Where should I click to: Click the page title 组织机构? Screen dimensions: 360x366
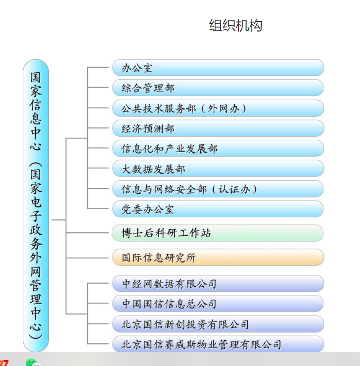click(236, 26)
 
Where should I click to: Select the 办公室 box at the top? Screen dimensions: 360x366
click(218, 68)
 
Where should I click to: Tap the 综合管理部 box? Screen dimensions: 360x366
click(218, 88)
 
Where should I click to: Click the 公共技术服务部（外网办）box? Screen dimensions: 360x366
click(218, 108)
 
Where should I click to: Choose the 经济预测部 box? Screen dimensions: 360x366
click(218, 129)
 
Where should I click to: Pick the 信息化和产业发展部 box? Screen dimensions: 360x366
click(218, 149)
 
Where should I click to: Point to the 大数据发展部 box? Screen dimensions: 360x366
click(218, 169)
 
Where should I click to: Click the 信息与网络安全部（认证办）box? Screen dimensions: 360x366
click(218, 189)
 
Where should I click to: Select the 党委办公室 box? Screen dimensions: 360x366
click(218, 209)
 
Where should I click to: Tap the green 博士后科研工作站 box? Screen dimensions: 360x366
click(218, 233)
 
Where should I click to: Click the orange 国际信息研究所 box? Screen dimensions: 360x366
click(218, 258)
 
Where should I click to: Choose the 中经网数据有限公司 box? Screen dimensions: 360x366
click(218, 283)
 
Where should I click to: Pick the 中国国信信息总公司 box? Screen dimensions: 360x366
click(218, 303)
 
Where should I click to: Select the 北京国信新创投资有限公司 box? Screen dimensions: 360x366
click(218, 324)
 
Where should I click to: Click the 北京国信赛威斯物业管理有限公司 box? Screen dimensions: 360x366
click(218, 344)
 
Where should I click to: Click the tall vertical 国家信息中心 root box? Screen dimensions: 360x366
click(36, 206)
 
